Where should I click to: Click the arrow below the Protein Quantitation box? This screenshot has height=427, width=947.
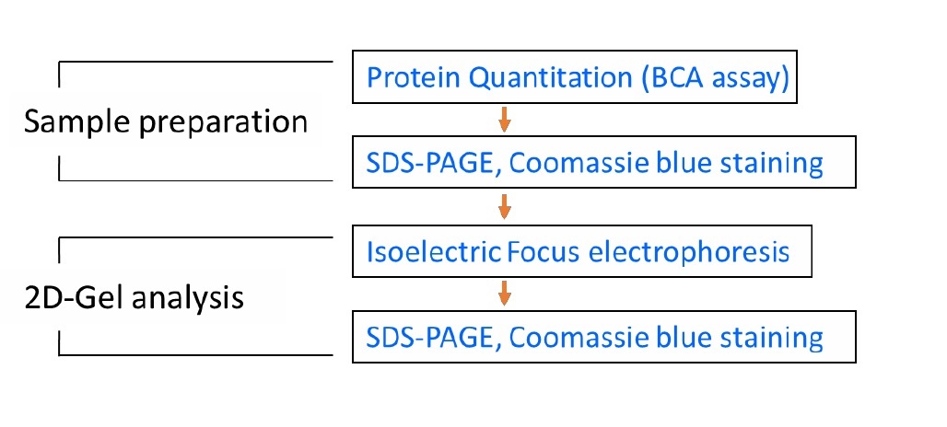(x=505, y=119)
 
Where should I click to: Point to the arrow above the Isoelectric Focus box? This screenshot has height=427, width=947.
(x=505, y=207)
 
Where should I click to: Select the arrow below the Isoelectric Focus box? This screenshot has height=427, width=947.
(x=505, y=294)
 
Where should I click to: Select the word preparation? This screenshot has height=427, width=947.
(x=224, y=123)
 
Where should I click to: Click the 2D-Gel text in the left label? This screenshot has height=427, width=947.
(x=73, y=296)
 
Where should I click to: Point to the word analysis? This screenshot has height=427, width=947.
(x=188, y=298)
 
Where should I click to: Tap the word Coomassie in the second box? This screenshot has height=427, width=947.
(x=578, y=163)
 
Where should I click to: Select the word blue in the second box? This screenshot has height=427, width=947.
(x=682, y=162)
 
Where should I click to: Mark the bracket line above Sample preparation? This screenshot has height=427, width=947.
(x=195, y=62)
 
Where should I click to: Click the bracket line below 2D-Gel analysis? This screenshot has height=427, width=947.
(x=195, y=354)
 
